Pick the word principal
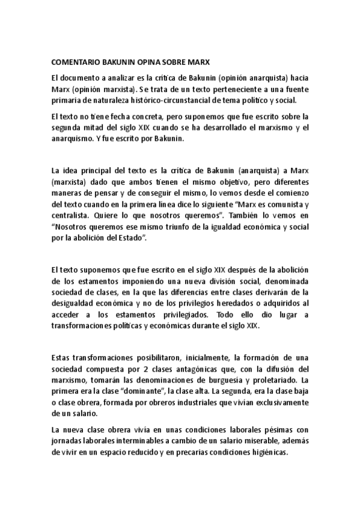click(100, 170)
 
